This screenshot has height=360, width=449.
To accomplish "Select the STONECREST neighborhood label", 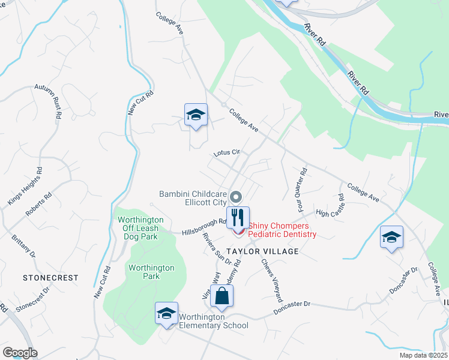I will [x=50, y=278].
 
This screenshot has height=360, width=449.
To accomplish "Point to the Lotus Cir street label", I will [x=227, y=153].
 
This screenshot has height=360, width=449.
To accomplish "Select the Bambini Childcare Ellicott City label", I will [x=193, y=198].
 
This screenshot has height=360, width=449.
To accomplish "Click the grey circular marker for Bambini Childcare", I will [x=236, y=196].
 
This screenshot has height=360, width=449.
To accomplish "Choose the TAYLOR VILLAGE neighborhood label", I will [x=263, y=251].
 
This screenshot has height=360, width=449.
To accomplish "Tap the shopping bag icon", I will [x=221, y=295].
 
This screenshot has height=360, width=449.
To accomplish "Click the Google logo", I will [x=20, y=353].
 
